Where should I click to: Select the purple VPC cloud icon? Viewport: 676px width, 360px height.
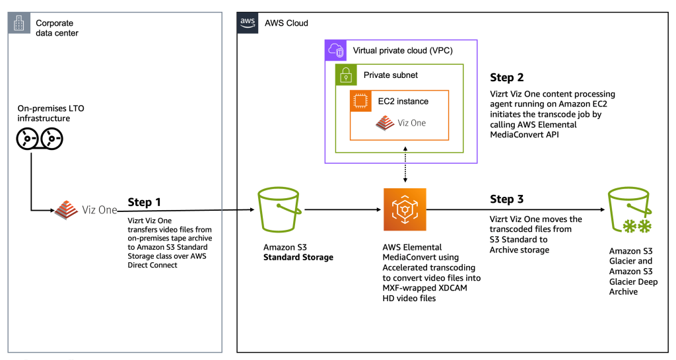(x=336, y=50)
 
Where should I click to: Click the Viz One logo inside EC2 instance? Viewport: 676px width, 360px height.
(x=401, y=123)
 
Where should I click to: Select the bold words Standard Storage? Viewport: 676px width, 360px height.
(x=298, y=257)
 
